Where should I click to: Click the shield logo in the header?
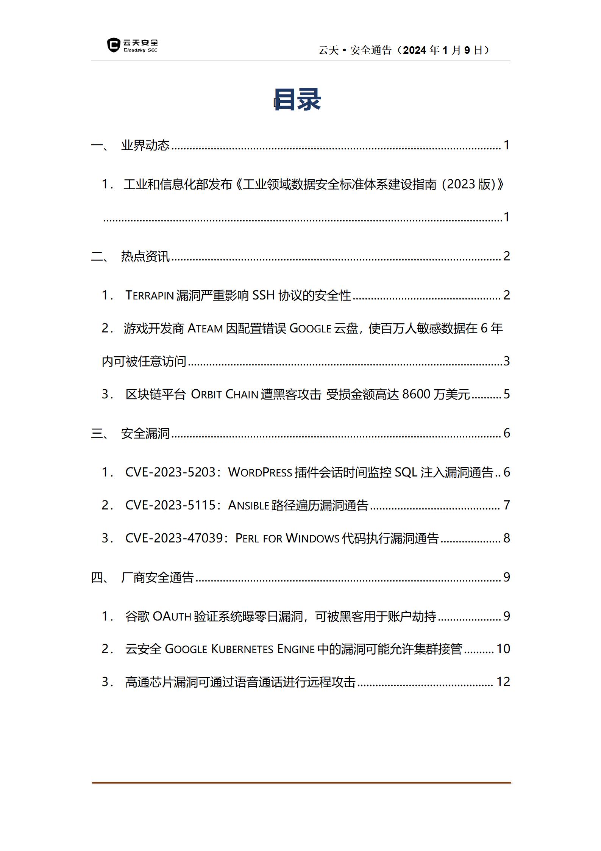coord(113,45)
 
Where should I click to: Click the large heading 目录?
coord(297,100)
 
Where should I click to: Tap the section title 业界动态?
coord(145,145)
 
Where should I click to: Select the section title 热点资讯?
coord(145,256)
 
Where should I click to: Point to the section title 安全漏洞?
coord(145,433)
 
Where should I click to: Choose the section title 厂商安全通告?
coord(157,577)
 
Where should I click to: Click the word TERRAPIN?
coord(149,295)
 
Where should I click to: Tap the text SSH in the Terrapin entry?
coord(263,295)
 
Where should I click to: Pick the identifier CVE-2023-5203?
coord(170,472)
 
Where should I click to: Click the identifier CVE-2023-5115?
coord(170,505)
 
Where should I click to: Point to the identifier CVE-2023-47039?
coord(174,538)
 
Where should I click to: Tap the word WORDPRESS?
coord(260,473)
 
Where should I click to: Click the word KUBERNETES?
coord(242,649)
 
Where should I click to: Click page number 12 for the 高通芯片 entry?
coord(503,682)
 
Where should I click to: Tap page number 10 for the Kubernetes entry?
coord(503,649)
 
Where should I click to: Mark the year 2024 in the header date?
coord(415,50)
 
